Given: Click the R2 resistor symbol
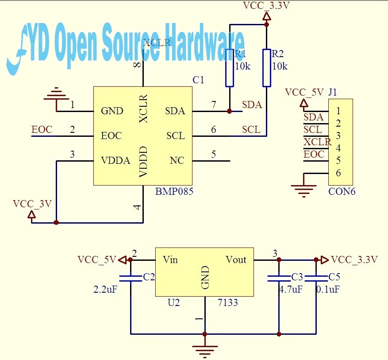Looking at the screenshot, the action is (266, 68).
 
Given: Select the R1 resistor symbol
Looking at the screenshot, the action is (230, 68).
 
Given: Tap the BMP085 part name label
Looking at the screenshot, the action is (174, 192).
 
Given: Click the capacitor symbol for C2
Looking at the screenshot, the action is (131, 279).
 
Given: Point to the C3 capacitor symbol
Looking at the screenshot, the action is (279, 279).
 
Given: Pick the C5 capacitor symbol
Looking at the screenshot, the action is (316, 279).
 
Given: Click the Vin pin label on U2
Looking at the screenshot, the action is (170, 260).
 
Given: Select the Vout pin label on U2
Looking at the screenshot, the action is (236, 260).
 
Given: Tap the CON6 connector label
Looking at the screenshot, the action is (342, 191).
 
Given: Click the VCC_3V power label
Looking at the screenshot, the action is (32, 204).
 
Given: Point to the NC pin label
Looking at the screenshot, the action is (177, 161).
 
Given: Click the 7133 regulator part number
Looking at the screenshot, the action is (228, 302).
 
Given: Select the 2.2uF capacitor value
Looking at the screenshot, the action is (105, 289).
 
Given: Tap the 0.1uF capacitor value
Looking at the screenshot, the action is (328, 289).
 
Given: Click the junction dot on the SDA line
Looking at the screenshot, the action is (229, 111).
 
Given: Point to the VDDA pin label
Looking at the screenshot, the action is (115, 161).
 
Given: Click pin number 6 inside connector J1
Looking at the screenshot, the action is (338, 173).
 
